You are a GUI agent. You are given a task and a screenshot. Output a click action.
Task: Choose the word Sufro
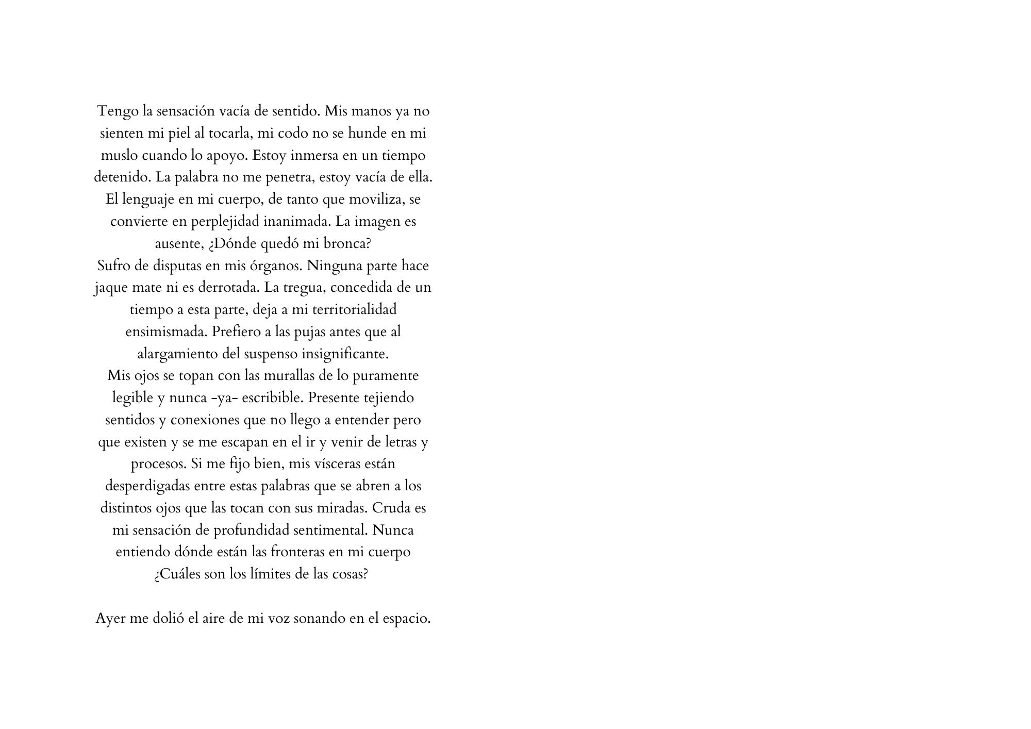pos(113,266)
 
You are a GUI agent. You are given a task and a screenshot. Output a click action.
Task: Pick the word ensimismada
pos(167,332)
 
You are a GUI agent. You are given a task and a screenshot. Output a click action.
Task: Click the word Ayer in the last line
pos(110,618)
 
